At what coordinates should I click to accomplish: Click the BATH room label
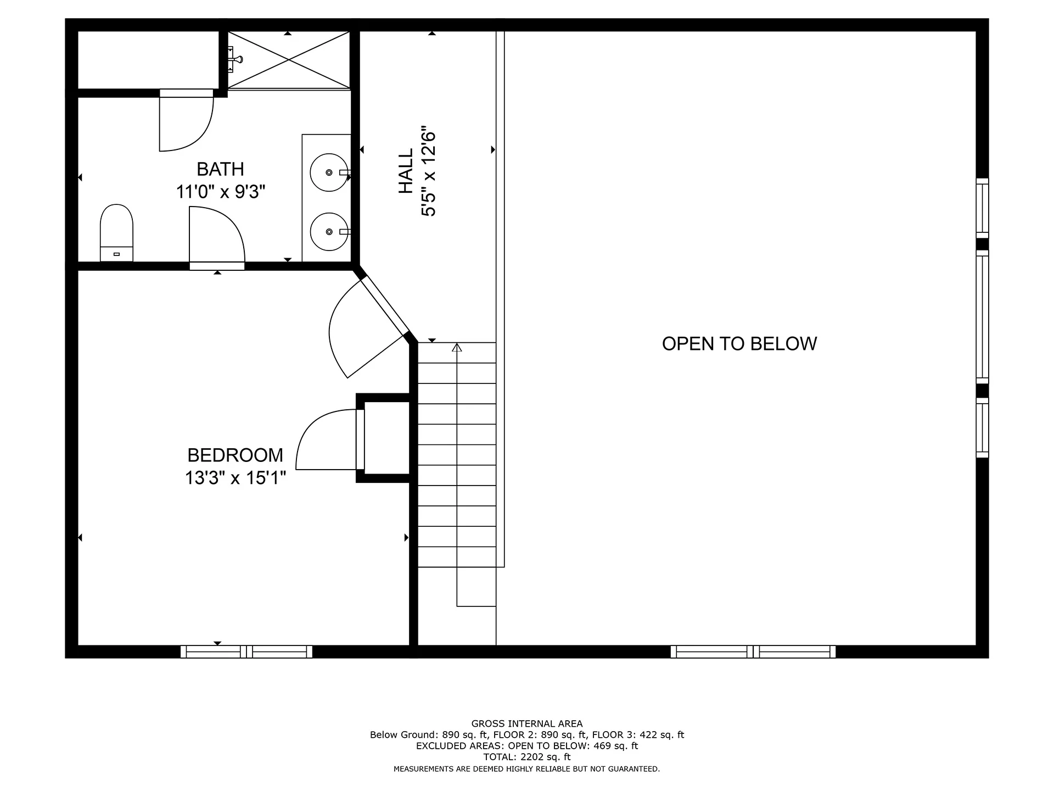[220, 169]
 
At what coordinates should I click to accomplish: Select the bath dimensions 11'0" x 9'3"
[221, 192]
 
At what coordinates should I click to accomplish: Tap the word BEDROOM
[235, 455]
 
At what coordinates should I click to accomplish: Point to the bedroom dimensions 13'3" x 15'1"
[236, 478]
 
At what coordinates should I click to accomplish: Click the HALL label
[406, 171]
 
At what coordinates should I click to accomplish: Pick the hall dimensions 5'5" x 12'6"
[428, 174]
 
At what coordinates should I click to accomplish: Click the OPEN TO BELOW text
[739, 344]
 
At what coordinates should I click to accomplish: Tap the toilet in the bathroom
[116, 233]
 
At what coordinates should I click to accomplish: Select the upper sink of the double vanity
[329, 172]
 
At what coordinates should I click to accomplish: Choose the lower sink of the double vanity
[329, 232]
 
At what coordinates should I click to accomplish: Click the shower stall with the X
[289, 60]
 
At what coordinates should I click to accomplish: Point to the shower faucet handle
[237, 59]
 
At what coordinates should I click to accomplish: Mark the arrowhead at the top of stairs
[457, 347]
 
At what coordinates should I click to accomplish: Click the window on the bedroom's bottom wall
[246, 652]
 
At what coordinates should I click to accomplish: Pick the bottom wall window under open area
[753, 652]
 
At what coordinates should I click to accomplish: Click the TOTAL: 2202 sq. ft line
[527, 757]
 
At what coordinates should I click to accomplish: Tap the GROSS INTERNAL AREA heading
[527, 724]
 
